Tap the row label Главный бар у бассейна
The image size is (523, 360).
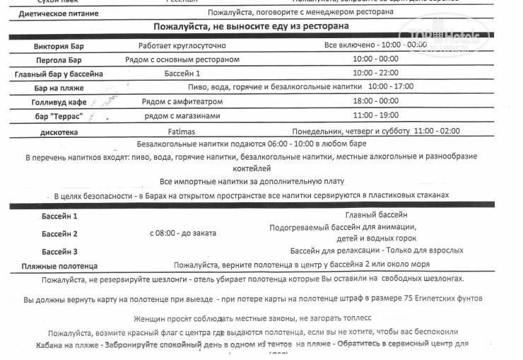(x=59, y=74)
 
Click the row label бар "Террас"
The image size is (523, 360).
(x=59, y=116)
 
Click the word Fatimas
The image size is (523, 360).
(x=167, y=131)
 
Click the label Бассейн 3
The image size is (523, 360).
(x=59, y=251)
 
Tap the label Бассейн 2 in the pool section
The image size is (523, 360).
(x=59, y=233)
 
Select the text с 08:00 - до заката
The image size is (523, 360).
(x=183, y=233)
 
